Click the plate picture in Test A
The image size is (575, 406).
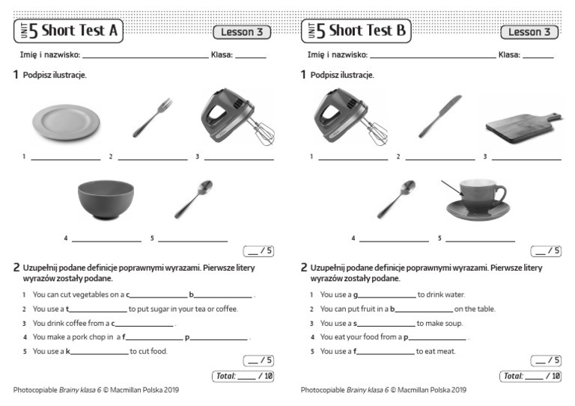coord(66,121)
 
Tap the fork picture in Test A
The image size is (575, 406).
coord(152,117)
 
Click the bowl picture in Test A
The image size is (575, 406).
coord(106,200)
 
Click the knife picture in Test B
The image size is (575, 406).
coord(439,117)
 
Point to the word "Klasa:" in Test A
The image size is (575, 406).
coord(222,55)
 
